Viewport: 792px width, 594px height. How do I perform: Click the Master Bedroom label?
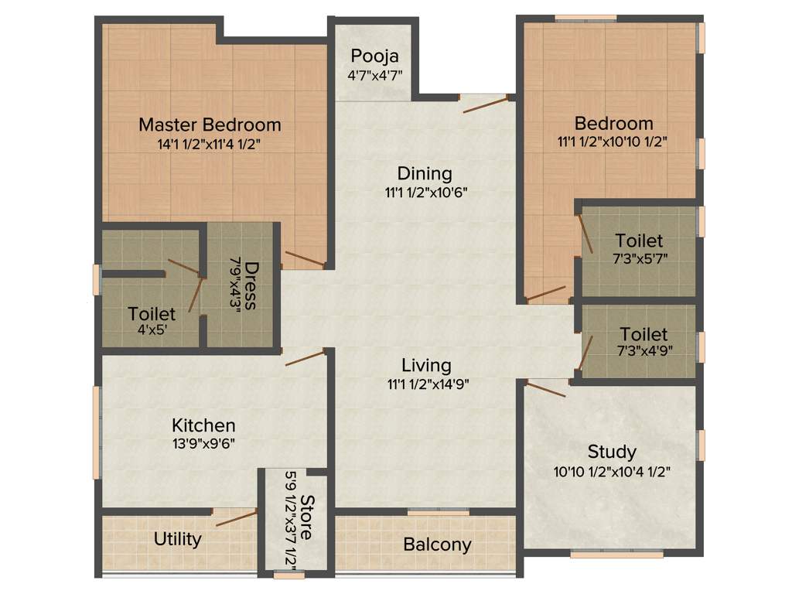[x=210, y=124]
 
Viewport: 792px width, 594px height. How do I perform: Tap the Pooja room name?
[x=374, y=56]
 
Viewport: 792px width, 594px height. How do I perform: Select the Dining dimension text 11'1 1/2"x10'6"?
[x=425, y=192]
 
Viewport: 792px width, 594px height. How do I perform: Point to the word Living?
[x=426, y=365]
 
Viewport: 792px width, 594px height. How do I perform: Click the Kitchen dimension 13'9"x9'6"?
[x=203, y=444]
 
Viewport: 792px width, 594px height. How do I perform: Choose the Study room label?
[x=612, y=452]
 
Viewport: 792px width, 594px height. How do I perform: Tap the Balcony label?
[x=437, y=544]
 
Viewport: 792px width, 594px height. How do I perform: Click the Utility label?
[x=178, y=539]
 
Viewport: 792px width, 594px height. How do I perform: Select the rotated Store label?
[x=307, y=517]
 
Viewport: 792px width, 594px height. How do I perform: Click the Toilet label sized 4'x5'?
[x=152, y=315]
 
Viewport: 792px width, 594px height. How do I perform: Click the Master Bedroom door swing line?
[x=304, y=259]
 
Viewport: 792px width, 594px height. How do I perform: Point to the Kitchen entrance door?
[x=305, y=357]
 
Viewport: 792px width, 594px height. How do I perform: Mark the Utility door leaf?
[x=236, y=518]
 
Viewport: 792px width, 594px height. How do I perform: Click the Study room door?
[x=545, y=388]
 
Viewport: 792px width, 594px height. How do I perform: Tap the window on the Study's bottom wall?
[x=616, y=554]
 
